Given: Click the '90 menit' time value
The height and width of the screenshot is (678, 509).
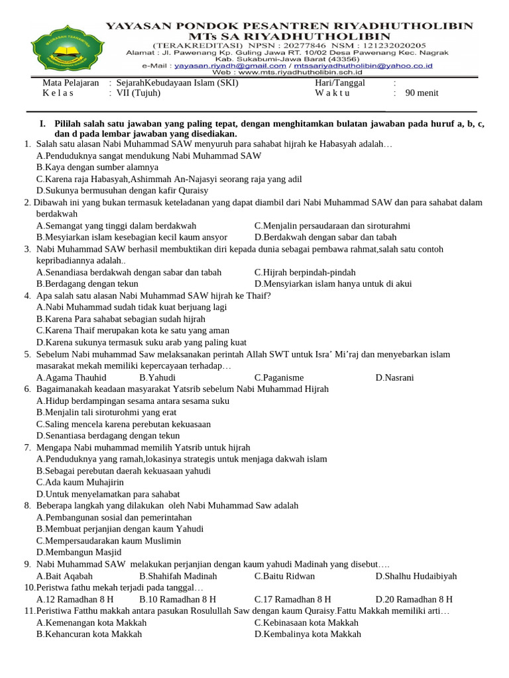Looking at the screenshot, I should tap(422, 93).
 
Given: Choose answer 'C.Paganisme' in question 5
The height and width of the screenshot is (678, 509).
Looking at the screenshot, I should tap(278, 377).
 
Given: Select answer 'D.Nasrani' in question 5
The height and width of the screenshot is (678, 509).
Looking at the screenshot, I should tap(394, 377).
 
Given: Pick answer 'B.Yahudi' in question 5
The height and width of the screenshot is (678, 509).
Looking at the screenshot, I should tap(157, 377).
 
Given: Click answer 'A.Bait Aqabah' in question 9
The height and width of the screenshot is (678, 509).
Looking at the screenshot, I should tap(64, 576).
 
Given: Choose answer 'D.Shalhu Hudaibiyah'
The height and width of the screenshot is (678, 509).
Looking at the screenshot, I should tap(416, 576).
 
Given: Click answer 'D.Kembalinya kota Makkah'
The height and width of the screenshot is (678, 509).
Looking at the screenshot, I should tap(308, 634).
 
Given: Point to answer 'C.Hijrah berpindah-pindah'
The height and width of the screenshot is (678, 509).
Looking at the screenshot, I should tap(304, 272).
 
